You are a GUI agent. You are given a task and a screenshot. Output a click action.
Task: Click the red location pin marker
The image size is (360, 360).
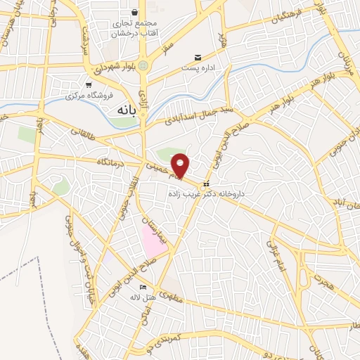(x=181, y=165)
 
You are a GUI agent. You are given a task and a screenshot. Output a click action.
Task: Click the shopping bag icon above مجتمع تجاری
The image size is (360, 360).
(x=134, y=12)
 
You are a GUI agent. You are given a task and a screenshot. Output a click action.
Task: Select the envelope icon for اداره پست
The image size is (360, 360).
(x=198, y=57)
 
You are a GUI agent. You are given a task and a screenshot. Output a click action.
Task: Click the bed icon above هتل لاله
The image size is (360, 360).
(x=143, y=287)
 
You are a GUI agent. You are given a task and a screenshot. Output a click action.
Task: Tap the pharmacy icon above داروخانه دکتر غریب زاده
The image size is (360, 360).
(x=205, y=184)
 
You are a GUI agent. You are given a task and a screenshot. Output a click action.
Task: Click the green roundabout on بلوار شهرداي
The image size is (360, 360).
(x=143, y=66)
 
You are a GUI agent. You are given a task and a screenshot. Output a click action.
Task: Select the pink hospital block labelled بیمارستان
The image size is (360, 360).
(x=153, y=239)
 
